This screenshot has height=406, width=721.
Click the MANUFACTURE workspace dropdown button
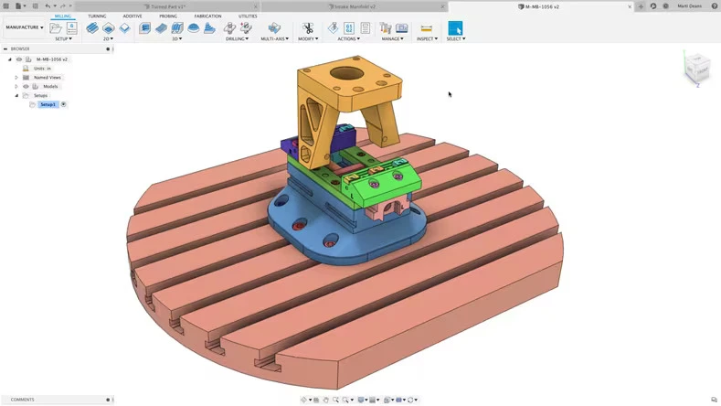24,27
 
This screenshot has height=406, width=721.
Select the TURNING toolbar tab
97,16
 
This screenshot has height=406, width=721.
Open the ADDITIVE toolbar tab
133,16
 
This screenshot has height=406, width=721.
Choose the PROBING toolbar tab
168,16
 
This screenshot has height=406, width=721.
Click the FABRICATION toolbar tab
207,16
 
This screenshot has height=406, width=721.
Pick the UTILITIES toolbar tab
248,16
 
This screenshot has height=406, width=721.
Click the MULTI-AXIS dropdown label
274,39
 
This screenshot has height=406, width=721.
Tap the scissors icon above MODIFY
308,28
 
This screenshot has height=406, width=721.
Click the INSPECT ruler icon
426,28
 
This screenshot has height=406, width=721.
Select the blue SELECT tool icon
455,28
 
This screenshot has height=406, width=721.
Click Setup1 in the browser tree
48,104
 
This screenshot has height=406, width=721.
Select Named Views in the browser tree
47,78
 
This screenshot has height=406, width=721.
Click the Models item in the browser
50,87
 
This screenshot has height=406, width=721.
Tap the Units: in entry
42,69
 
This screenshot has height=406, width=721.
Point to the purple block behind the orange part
290,146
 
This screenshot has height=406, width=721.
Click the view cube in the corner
696,67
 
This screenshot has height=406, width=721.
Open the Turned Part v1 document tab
168,6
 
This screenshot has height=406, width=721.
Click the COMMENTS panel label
23,400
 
